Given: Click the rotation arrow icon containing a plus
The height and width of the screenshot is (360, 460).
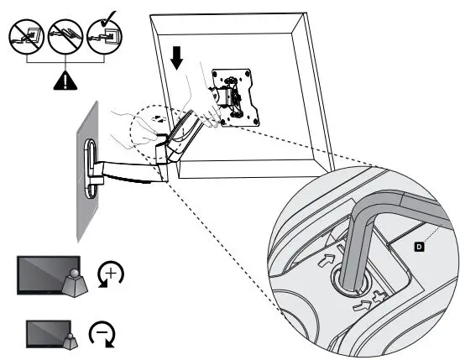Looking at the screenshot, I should tap(111, 276).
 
